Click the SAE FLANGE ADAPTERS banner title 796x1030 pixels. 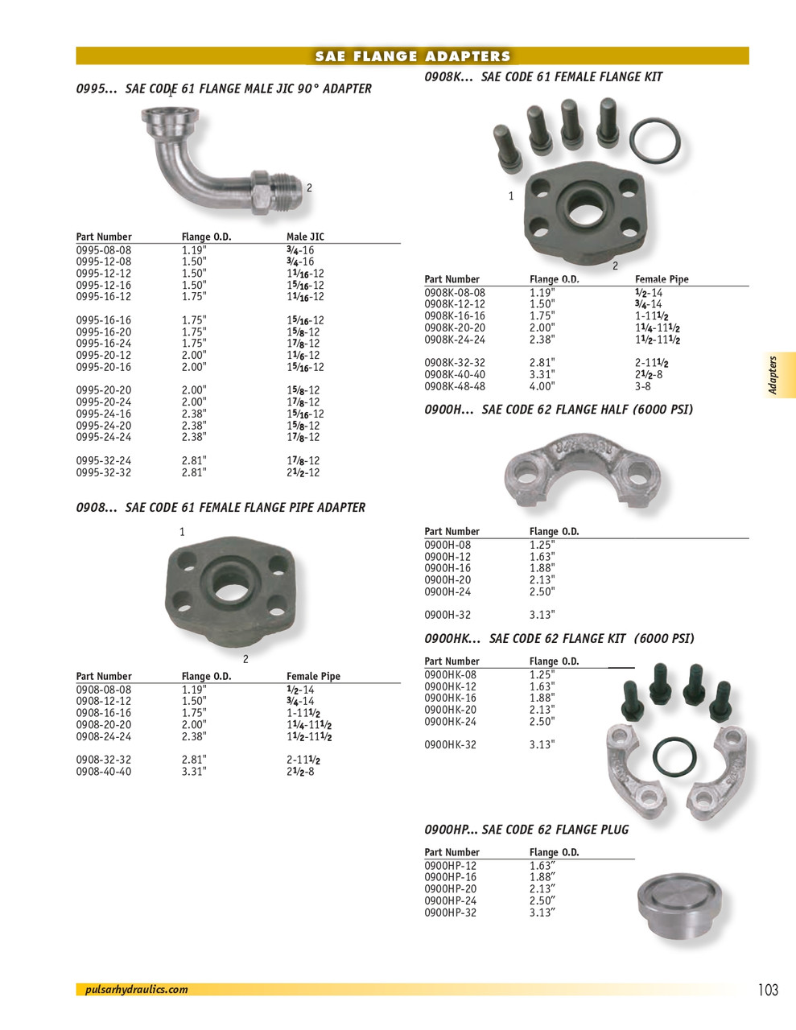412,56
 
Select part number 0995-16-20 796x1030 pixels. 103,332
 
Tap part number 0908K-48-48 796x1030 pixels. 455,386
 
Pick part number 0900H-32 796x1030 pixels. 447,615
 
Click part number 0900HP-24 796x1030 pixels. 450,901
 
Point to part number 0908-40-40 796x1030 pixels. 103,772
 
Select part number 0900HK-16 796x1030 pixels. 450,698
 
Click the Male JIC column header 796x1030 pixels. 305,237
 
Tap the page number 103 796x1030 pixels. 768,990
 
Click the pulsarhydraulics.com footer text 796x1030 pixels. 136,990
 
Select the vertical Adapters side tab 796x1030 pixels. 773,375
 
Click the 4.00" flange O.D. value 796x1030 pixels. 542,386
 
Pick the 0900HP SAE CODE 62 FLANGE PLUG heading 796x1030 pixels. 526,830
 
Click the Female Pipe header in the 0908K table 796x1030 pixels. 662,279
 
